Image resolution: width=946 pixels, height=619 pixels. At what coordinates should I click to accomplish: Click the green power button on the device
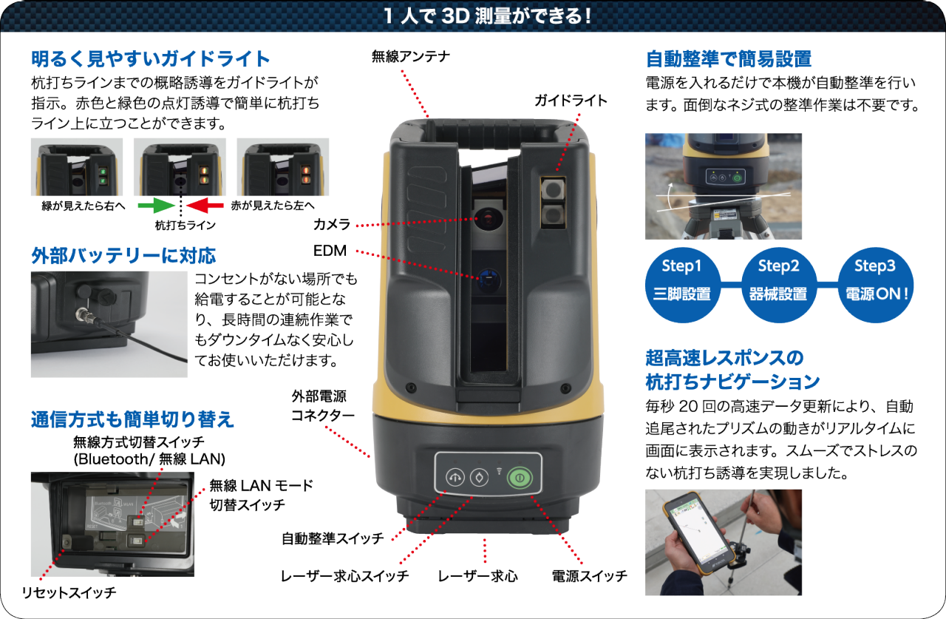(520, 477)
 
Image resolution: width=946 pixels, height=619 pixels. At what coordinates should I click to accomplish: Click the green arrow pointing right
(157, 204)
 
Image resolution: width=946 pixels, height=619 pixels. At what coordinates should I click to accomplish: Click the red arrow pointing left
(205, 204)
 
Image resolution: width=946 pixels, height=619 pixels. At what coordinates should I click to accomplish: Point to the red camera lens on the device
(488, 219)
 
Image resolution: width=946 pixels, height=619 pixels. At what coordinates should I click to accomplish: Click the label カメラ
(330, 224)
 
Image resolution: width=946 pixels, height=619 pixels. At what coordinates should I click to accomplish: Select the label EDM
(330, 250)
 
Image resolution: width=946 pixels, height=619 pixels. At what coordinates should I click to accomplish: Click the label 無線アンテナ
(410, 56)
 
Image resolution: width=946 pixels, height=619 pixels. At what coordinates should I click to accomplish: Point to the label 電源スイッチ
(589, 575)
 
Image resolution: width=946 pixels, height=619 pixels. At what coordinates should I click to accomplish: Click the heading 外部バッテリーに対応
(123, 256)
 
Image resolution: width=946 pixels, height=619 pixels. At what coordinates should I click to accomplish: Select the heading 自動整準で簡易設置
(729, 58)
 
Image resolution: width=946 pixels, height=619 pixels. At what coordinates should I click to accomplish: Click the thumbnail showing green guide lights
(77, 167)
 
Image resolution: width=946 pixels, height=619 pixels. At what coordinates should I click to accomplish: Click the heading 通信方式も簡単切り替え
(132, 419)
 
